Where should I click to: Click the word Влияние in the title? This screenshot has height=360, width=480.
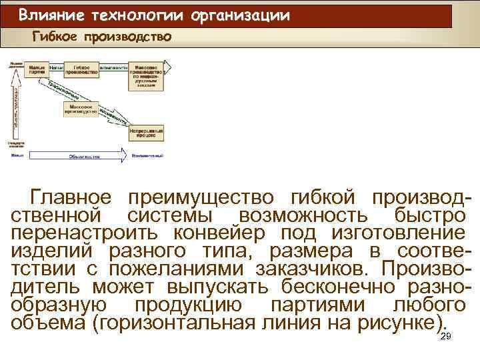47,15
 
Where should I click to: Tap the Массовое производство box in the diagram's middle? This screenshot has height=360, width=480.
81,109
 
